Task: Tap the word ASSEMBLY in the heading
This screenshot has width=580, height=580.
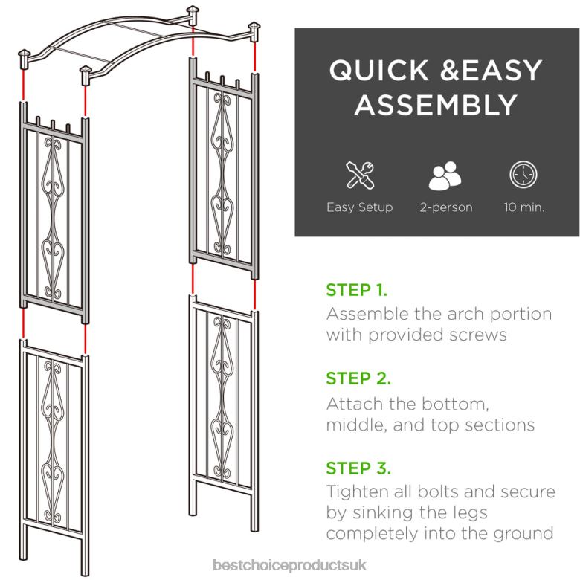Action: (435, 106)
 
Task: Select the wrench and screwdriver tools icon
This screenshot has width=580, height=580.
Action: (359, 175)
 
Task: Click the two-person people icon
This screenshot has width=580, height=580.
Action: (445, 175)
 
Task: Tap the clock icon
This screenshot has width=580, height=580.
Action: (523, 175)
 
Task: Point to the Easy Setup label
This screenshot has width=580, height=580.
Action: (359, 207)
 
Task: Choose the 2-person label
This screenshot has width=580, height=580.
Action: (445, 207)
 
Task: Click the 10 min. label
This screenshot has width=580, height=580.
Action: (523, 207)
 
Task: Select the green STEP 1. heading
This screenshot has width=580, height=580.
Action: (356, 289)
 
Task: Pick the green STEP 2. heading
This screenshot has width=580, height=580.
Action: (358, 378)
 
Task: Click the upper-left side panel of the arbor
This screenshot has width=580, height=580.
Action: (54, 216)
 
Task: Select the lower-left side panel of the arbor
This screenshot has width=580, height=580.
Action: (54, 439)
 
